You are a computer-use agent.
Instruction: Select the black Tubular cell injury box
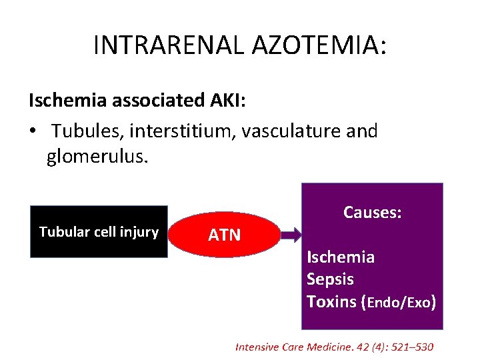99,231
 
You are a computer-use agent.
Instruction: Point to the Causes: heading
372,212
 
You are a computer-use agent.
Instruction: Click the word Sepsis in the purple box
330,279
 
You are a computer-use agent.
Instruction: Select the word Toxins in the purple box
331,301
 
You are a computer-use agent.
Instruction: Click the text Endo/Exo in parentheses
398,302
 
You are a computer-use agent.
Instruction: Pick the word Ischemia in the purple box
340,257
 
